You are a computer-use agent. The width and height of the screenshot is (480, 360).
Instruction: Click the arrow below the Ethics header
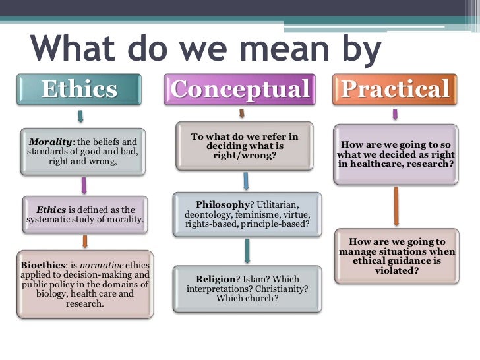click(x=80, y=116)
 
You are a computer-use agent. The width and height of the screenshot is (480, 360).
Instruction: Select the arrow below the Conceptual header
click(x=241, y=113)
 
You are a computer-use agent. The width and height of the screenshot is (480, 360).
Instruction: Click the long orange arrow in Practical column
click(x=396, y=206)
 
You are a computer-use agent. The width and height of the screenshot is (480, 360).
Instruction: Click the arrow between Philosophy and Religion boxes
click(x=247, y=251)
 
